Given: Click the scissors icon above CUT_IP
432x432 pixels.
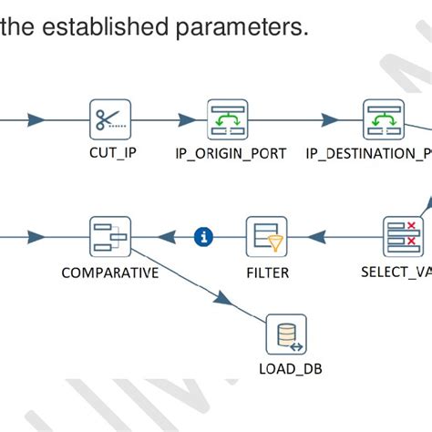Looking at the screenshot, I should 110,119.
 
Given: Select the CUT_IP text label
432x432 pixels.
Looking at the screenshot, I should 113,153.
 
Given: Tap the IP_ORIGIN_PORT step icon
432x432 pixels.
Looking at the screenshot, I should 228,119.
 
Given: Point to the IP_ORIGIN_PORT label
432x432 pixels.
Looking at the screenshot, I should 231,153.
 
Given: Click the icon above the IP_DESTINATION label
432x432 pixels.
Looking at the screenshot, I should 384,119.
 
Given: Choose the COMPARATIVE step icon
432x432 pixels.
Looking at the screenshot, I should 110,237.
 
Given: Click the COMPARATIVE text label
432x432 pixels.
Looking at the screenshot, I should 109,272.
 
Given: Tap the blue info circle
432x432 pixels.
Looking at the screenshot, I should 204,237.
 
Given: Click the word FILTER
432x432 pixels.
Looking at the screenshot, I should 267,272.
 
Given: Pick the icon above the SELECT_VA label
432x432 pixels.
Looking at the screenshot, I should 402,237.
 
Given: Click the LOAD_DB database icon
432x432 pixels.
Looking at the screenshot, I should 286,334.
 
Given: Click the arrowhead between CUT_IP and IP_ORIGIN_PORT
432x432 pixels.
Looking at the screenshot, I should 187,119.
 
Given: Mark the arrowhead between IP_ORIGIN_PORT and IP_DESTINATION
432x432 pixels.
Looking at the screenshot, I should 327,119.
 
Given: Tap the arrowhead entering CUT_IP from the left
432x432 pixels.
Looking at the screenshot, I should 36,119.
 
